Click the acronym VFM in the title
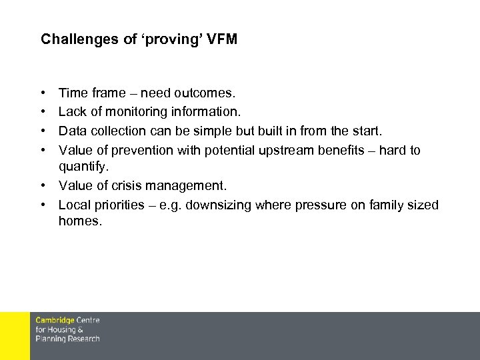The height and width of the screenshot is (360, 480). point(222,39)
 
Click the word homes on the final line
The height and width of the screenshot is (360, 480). point(79,221)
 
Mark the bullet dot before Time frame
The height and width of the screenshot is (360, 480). point(43,93)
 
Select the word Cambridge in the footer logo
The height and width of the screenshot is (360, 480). point(55,321)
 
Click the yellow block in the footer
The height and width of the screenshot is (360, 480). point(15,336)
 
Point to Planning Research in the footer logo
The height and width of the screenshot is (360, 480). point(67,339)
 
